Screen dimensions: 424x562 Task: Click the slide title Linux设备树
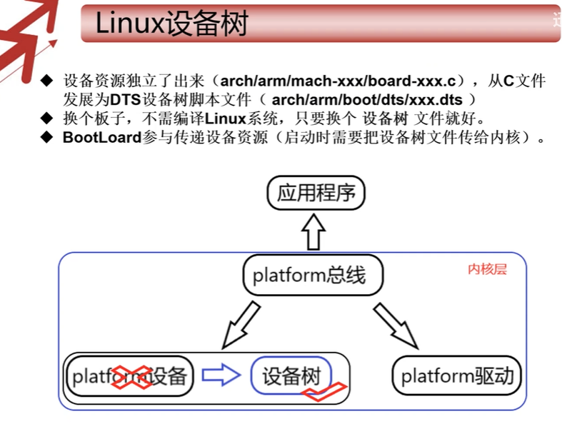pyautogui.click(x=171, y=23)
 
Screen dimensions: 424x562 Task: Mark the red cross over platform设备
pyautogui.click(x=133, y=377)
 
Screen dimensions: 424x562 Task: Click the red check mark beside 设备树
pyautogui.click(x=324, y=392)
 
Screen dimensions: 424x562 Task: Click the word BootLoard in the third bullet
pyautogui.click(x=100, y=137)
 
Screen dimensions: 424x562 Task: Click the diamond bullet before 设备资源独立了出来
pyautogui.click(x=47, y=80)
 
